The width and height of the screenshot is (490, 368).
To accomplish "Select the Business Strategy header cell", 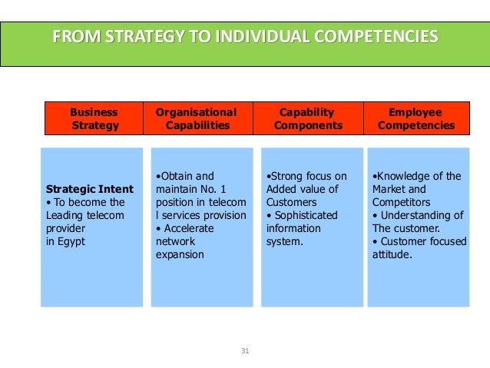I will [94, 118].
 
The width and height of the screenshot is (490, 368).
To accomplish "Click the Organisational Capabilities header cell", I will [197, 118].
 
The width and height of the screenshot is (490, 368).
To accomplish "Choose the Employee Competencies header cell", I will [416, 118].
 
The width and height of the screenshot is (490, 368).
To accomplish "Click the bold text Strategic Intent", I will [89, 189].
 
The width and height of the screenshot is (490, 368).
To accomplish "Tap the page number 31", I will [245, 351].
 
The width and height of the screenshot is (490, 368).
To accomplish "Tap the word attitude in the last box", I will [391, 254].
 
